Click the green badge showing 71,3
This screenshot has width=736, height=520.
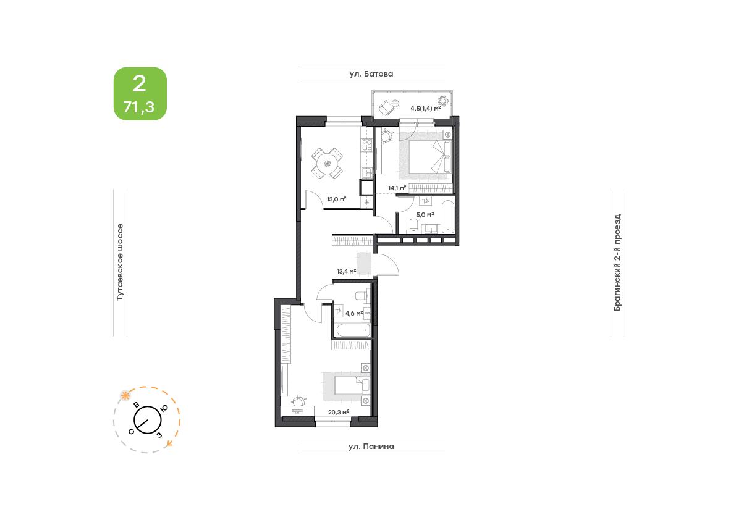point(140,94)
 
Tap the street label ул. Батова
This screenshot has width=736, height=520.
point(371,74)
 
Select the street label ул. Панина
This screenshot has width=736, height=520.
point(371,447)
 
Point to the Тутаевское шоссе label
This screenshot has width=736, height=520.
point(120,262)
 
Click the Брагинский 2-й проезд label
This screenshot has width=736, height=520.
point(618,262)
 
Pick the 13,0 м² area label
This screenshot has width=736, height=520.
point(337,199)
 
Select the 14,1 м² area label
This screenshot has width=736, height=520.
point(397,188)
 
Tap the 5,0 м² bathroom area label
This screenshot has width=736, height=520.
point(425,215)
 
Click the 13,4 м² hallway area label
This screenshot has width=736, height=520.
point(347,272)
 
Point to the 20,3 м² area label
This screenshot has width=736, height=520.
point(339,413)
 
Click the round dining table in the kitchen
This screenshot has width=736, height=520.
point(327,164)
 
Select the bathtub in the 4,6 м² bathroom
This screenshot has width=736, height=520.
point(353,330)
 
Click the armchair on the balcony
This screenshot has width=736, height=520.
point(387,107)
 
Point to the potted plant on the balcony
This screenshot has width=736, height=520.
point(442,101)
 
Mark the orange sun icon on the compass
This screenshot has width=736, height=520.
point(125,396)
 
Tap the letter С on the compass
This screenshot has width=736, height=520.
point(132,432)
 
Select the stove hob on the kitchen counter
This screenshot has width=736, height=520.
point(366,145)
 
